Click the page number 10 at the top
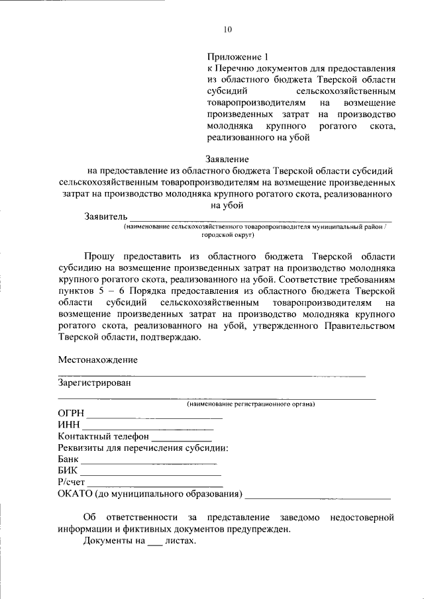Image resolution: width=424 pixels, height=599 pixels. coord(228,29)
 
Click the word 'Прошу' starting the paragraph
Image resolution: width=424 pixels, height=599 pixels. coord(99,256)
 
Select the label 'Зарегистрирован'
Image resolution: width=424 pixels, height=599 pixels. coord(94,383)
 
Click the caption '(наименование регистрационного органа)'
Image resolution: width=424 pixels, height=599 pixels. coord(251,404)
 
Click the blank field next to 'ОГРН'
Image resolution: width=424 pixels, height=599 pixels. coord(156,416)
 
